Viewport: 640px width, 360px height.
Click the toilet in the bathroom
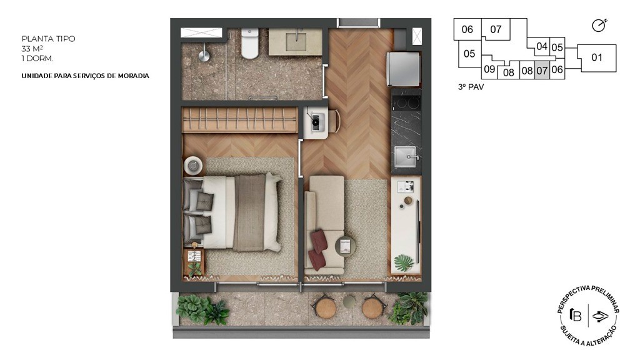coord(250,43)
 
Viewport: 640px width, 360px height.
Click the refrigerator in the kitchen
coord(403,69)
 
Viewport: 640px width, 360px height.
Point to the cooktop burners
coord(406,102)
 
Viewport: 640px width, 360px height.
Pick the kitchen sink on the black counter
coord(405,157)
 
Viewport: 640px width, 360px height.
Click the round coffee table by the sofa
coord(345,246)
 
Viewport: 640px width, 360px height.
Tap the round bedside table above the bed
coord(194,166)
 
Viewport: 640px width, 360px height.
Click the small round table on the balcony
coord(349,302)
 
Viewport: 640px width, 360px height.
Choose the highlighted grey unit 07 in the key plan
coord(542,70)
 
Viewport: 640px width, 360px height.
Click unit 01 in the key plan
coord(597,58)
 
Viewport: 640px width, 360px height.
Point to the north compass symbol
coord(599,25)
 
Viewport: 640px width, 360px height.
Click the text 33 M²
coord(32,49)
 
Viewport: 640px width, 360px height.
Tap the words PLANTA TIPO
coord(49,39)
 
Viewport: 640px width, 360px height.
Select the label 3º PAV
coord(471,87)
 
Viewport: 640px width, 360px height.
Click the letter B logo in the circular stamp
coord(576,315)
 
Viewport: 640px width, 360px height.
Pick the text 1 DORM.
coord(37,58)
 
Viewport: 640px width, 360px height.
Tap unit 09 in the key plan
coord(489,69)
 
